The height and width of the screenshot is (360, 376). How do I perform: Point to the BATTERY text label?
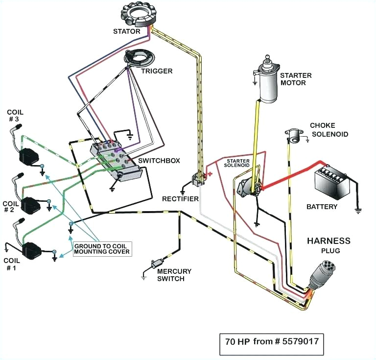click(x=322, y=206)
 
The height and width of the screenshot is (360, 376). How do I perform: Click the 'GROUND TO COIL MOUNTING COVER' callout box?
click(x=102, y=248)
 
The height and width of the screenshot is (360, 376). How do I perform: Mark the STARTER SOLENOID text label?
click(x=238, y=163)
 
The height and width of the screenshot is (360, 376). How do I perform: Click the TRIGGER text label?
click(x=157, y=71)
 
